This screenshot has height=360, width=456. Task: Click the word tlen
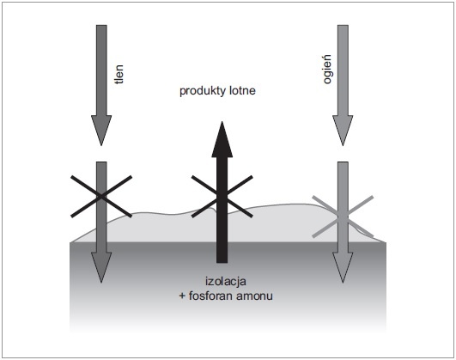click(x=119, y=74)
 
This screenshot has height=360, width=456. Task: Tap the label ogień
click(x=328, y=70)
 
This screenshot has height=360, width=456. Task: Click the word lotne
click(x=242, y=90)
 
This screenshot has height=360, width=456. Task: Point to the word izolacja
click(x=226, y=282)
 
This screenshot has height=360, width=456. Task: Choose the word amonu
click(x=255, y=296)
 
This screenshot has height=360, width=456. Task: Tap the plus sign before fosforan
click(x=182, y=296)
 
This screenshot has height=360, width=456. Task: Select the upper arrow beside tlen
click(x=101, y=85)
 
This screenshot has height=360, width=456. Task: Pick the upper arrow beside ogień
click(x=343, y=85)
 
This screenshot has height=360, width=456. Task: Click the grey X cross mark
click(x=343, y=217)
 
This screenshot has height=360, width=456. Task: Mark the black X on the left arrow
click(x=101, y=197)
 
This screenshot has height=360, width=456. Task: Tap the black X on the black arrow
click(x=222, y=197)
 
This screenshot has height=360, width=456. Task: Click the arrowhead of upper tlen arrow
click(x=101, y=131)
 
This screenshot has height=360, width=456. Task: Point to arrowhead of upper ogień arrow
click(x=343, y=131)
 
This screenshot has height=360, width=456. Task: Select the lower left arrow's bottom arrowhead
click(x=101, y=267)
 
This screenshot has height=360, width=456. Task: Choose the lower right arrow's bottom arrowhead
click(x=343, y=267)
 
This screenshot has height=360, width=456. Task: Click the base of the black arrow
click(x=222, y=262)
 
